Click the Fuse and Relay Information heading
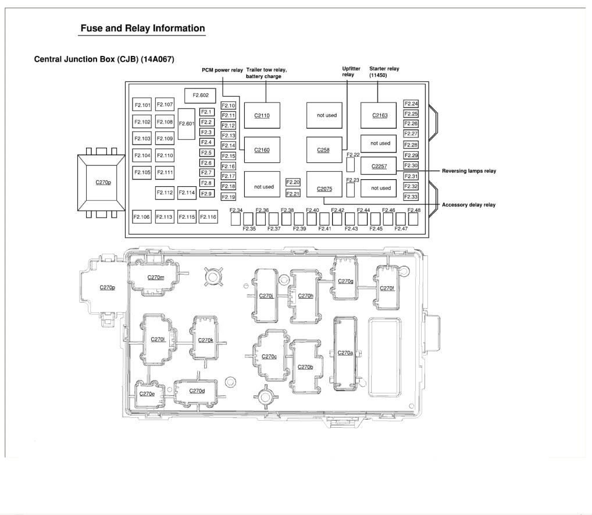[x=142, y=29]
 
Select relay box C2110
[x=262, y=115]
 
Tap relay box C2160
[x=262, y=150]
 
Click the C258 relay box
[x=323, y=150]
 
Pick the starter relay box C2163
[x=380, y=115]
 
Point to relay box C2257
[x=379, y=166]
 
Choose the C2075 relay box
[x=324, y=189]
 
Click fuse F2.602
[x=200, y=95]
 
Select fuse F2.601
[x=187, y=123]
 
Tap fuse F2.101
[x=142, y=105]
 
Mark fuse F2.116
[x=208, y=217]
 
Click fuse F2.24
[x=411, y=104]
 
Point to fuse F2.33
[x=411, y=197]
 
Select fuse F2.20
[x=293, y=183]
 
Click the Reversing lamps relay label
[x=469, y=171]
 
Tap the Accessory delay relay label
[x=469, y=205]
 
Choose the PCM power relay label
[x=222, y=70]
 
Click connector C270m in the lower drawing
[x=155, y=278]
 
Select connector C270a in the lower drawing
[x=345, y=353]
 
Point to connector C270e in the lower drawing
[x=147, y=393]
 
